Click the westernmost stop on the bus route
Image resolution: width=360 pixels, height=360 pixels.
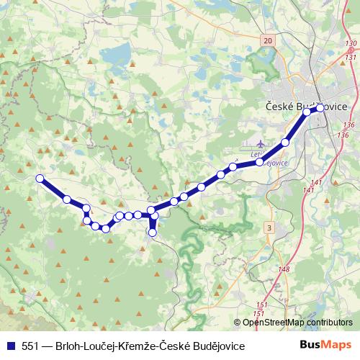pyautogui.click(x=40, y=179)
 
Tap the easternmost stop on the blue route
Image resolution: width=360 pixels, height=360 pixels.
pyautogui.click(x=320, y=108)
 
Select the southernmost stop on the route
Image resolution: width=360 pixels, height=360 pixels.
pyautogui.click(x=152, y=232)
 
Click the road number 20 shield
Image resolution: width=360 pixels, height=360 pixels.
pyautogui.click(x=269, y=42)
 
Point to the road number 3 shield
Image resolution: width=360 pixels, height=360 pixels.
pyautogui.click(x=269, y=228)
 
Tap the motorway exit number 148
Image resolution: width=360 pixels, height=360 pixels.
pyautogui.click(x=283, y=269)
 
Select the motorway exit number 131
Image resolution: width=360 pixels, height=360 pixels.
pyautogui.click(x=351, y=56)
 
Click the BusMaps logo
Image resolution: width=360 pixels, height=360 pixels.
pyautogui.click(x=325, y=346)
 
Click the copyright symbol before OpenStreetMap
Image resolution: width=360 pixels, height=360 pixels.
pyautogui.click(x=238, y=324)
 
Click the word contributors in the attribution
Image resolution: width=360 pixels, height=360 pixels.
pyautogui.click(x=328, y=324)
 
